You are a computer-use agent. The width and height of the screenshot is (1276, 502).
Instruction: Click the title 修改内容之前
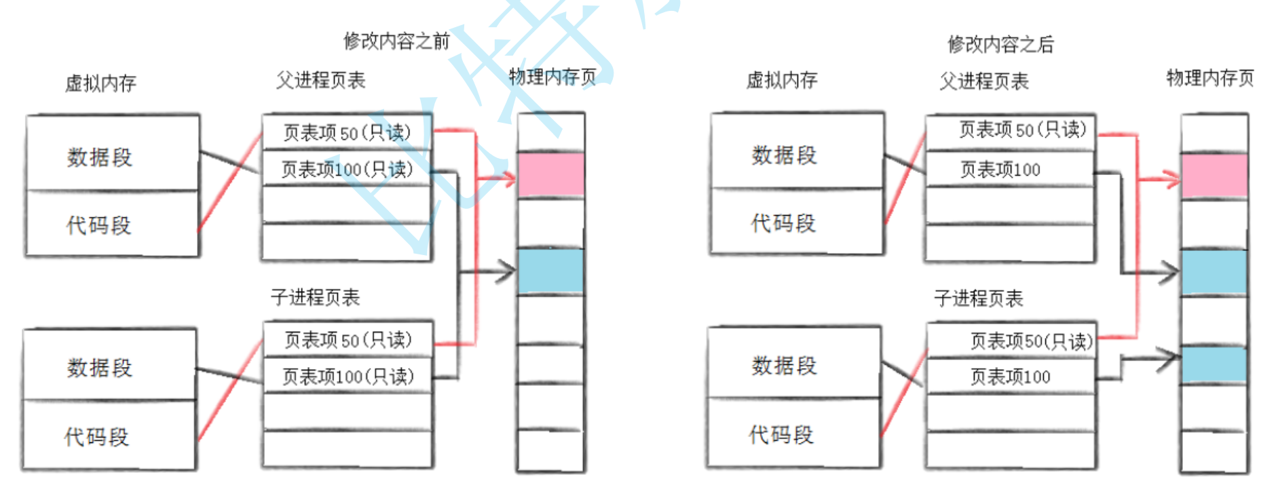[x=396, y=41]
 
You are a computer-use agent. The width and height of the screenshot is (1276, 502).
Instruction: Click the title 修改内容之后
[x=1000, y=45]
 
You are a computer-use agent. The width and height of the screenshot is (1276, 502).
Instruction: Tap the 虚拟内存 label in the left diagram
[x=100, y=83]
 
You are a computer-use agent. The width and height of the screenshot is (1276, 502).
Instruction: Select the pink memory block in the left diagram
[x=550, y=175]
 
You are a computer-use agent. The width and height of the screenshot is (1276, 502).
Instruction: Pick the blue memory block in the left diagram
[x=550, y=271]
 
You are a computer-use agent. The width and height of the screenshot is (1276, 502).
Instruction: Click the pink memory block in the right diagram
[x=1214, y=176]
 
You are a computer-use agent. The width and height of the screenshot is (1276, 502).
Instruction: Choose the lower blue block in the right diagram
[x=1214, y=365]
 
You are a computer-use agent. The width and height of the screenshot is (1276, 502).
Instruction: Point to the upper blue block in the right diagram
[x=1214, y=272]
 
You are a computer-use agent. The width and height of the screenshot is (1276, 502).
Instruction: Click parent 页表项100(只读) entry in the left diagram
[x=347, y=170]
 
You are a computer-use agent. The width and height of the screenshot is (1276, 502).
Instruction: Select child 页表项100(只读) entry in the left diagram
[x=348, y=376]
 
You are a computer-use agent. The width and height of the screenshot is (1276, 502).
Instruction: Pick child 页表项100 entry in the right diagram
[x=1011, y=376]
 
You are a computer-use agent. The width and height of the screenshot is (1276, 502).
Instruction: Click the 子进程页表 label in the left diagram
[x=315, y=297]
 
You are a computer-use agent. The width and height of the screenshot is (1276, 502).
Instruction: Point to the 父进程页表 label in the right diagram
[x=983, y=81]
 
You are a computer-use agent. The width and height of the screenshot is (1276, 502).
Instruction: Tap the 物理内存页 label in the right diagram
[x=1209, y=78]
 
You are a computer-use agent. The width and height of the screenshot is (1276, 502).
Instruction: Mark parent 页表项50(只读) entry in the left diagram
[x=347, y=132]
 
